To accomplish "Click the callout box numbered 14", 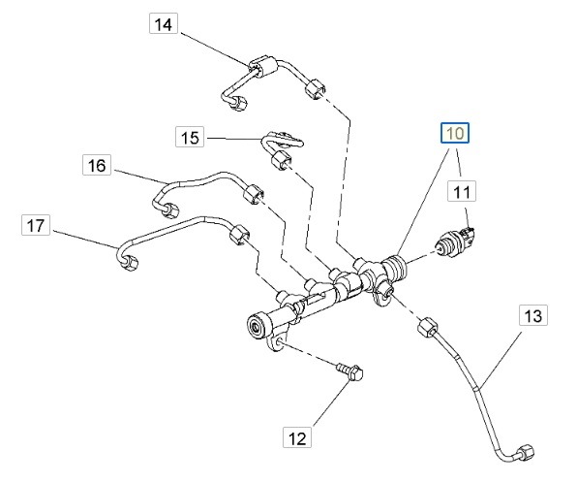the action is coord(164,23).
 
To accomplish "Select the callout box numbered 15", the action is coord(190,137).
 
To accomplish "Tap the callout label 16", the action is coord(97,165).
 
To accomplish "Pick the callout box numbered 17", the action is coord(36,225).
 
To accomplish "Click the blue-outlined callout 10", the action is coord(455,133).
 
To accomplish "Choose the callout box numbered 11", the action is coord(462,191).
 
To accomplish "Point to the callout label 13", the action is coord(533,315).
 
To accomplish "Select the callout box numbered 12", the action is coord(297,437).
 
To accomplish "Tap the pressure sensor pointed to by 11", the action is coord(456,241).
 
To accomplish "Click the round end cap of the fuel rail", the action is coord(256,326).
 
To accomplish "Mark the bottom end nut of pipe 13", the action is coord(525,453).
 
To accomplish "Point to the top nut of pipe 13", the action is coord(427,327).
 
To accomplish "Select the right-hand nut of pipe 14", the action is coord(316,89).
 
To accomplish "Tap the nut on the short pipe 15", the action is coord(281,160).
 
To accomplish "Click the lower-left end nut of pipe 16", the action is coord(170,209).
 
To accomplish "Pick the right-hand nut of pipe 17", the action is coord(239,234).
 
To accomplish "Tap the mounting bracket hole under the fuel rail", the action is coord(279,344).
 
